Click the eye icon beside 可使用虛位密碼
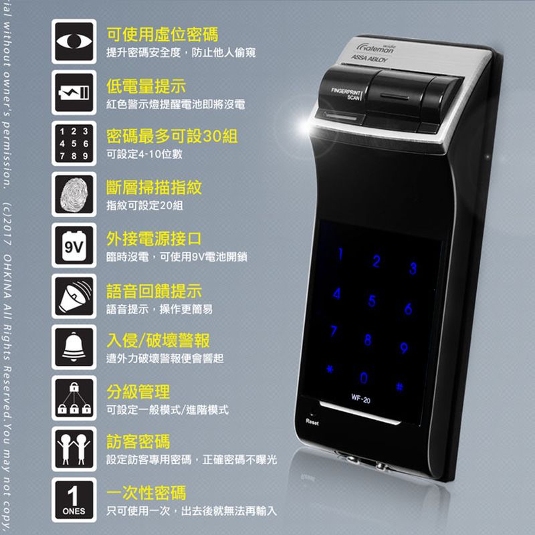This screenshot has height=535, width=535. [74, 41]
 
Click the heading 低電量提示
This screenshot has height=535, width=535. [146, 86]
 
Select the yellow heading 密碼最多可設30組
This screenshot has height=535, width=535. [172, 137]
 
